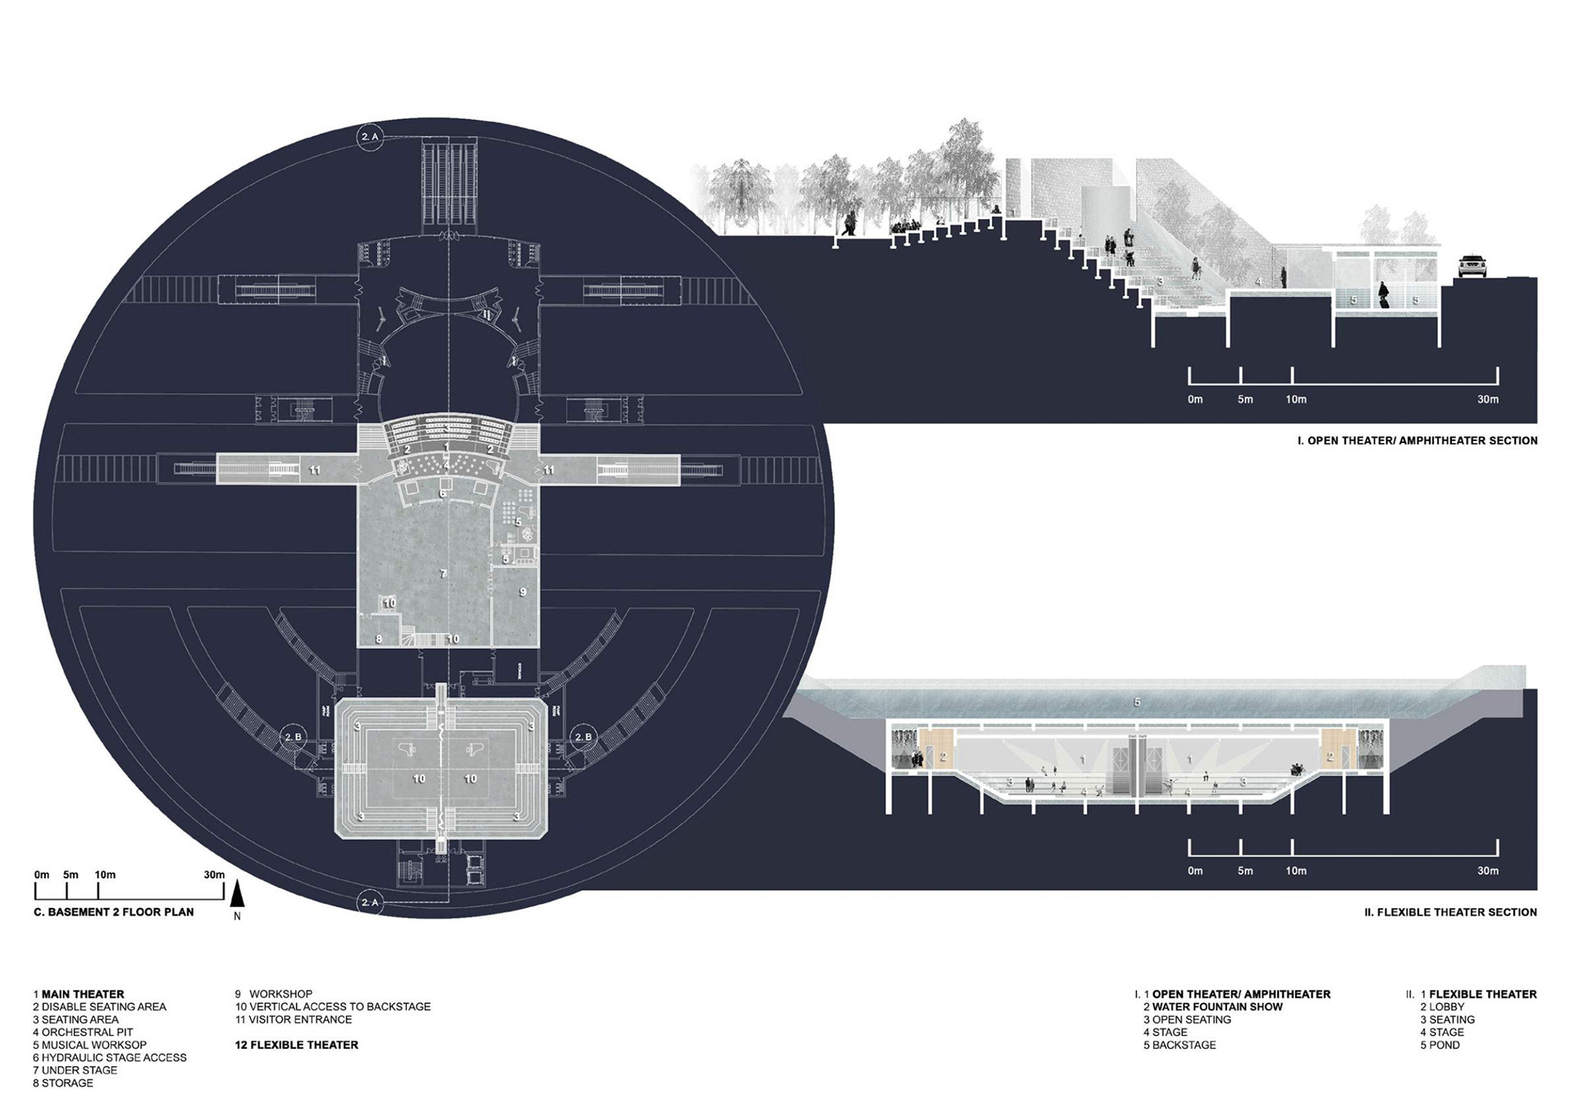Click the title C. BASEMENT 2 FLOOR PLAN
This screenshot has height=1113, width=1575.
click(x=114, y=911)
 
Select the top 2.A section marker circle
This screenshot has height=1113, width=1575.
click(x=370, y=137)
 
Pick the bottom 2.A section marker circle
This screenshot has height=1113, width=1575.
click(x=370, y=903)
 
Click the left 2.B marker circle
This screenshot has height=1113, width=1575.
click(x=293, y=737)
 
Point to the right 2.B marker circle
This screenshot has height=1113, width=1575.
click(x=582, y=737)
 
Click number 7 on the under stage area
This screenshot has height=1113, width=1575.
click(x=443, y=573)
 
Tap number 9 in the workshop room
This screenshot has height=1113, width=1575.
click(x=523, y=591)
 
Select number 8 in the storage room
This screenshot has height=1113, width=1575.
click(x=379, y=638)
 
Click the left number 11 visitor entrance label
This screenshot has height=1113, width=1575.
click(x=314, y=470)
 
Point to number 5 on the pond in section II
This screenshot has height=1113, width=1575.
click(x=1137, y=702)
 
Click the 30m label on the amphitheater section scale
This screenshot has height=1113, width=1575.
click(x=1487, y=399)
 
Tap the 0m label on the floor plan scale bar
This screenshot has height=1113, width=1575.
click(x=42, y=874)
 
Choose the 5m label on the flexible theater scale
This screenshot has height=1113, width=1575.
click(x=1245, y=871)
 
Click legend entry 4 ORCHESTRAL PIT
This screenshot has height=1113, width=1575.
click(x=83, y=1032)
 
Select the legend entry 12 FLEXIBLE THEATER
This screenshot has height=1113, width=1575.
click(x=296, y=1045)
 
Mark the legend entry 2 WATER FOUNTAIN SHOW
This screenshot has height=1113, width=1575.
click(x=1212, y=1006)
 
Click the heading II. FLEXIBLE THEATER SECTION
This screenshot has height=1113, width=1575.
click(x=1450, y=912)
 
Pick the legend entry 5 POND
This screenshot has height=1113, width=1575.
click(x=1440, y=1045)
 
